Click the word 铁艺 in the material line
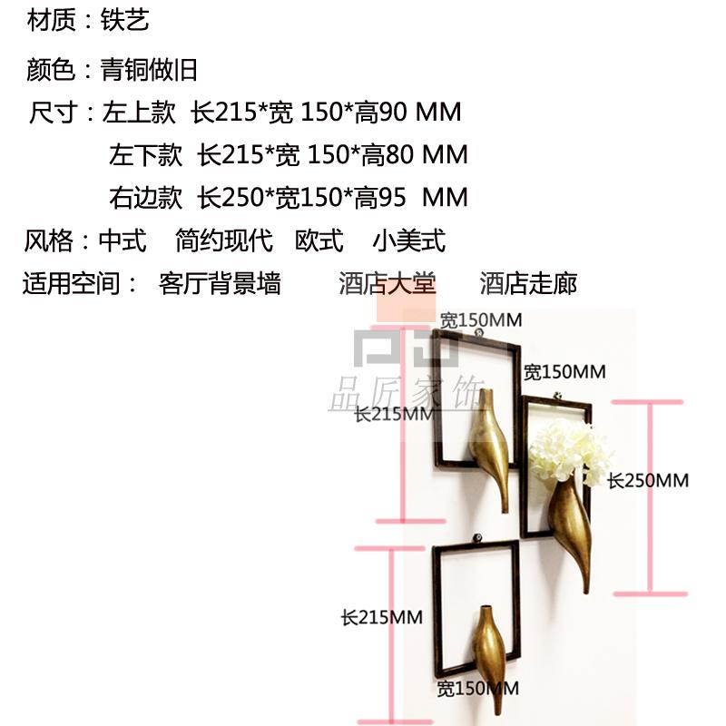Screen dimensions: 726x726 coord(124,20)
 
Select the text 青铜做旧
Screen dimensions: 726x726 coord(148,69)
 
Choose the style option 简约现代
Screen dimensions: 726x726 coord(224,241)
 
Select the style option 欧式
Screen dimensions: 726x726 coord(319,241)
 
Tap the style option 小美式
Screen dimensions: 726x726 coord(408,241)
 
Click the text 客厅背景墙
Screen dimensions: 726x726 coord(220,284)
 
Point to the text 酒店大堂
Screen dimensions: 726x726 coord(388,284)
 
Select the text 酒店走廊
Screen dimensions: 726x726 coord(528,284)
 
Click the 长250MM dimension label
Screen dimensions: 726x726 coord(648,481)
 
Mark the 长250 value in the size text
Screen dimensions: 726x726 coord(233,197)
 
